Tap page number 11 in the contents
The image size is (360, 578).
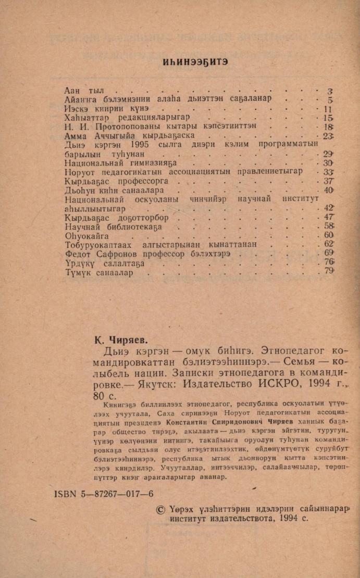327,109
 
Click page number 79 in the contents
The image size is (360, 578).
328,271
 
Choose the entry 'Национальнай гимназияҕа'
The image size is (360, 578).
121,163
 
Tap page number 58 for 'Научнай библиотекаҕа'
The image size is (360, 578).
328,226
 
